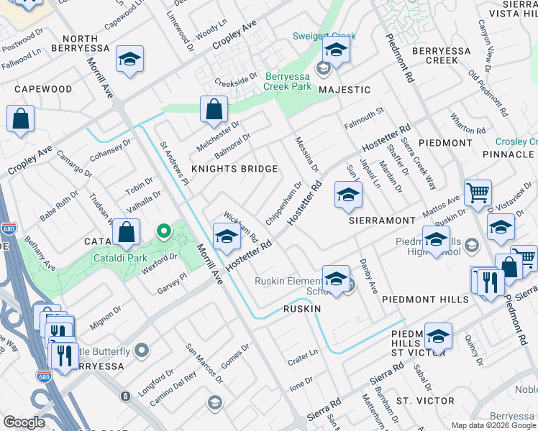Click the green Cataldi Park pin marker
(x=164, y=231)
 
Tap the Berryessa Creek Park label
(x=288, y=81)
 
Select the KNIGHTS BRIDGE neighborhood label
(x=234, y=169)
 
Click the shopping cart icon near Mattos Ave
(x=478, y=193)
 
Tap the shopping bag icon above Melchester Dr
(x=214, y=110)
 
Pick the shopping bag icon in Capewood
(x=20, y=119)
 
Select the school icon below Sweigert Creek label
(x=335, y=50)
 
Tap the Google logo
(x=24, y=422)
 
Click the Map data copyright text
(x=493, y=425)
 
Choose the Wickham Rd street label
(x=241, y=226)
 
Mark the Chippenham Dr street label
(x=283, y=203)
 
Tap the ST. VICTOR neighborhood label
(x=425, y=400)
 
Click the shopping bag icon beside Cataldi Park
(x=127, y=233)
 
